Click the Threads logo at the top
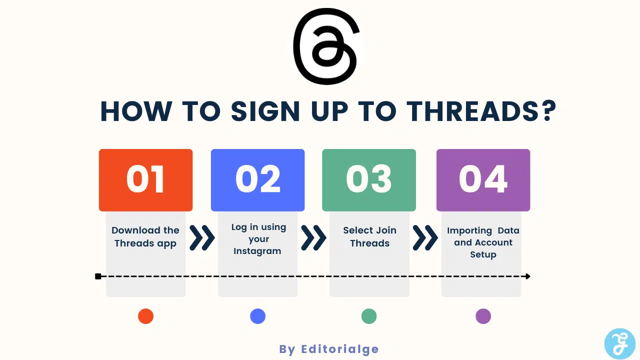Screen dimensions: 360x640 pos(326,46)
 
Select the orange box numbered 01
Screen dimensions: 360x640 pos(145,180)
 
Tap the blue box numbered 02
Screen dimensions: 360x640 pos(257,180)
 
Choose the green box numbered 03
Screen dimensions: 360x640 pos(369,180)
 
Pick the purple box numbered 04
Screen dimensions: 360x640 pos(483,180)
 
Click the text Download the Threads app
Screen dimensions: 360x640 pos(145,237)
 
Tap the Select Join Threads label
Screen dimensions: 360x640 pos(369,237)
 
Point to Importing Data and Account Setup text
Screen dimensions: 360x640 pos(483,242)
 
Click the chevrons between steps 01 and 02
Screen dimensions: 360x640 pos(202,237)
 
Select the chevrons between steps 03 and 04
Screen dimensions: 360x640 pos(425,237)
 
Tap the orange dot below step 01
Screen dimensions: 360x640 pos(145,316)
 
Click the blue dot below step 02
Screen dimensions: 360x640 pos(257,316)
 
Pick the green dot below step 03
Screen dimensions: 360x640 pos(369,316)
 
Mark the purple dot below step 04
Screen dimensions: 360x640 pos(483,316)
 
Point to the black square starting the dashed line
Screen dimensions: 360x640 pos(98,276)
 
